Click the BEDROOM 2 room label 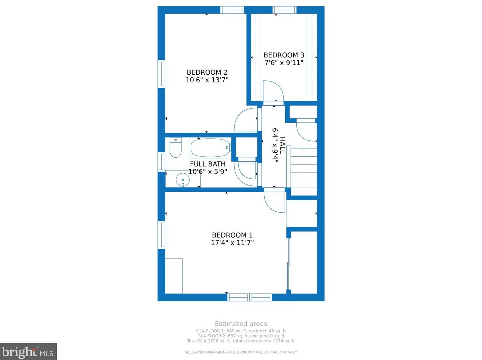(x=207, y=72)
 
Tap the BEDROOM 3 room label (x=284, y=55)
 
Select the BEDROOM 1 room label (x=232, y=235)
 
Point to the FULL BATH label (x=208, y=164)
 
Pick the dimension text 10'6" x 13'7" (x=207, y=80)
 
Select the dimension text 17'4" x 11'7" (x=232, y=243)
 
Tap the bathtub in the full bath (x=210, y=148)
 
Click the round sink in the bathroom (x=183, y=180)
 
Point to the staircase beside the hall (x=304, y=172)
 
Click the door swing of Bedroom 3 (x=272, y=91)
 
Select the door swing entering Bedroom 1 (x=274, y=202)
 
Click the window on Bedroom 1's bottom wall (x=249, y=298)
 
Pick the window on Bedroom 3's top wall (x=284, y=10)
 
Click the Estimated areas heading (x=241, y=324)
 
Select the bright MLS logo (x=28, y=352)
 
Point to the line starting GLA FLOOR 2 (x=241, y=336)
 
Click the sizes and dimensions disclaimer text (x=241, y=352)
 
